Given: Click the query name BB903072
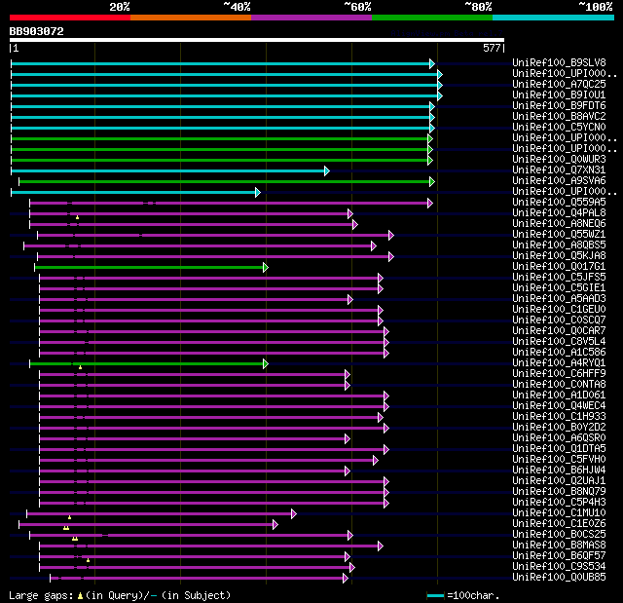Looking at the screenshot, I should coord(37,31).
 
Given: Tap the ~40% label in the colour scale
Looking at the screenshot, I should coord(237,6).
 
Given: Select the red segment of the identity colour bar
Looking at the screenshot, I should coord(69,17).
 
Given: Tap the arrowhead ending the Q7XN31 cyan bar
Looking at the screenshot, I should coord(326,170).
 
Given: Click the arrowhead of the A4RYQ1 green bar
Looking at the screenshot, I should coord(265,363).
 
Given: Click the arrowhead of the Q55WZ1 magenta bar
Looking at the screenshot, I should coord(390,235).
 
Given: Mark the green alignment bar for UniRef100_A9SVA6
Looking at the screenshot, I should coord(224,181).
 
